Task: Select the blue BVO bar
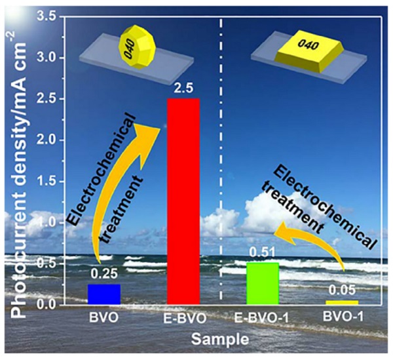coord(105,294)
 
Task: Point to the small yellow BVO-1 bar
coord(341,302)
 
